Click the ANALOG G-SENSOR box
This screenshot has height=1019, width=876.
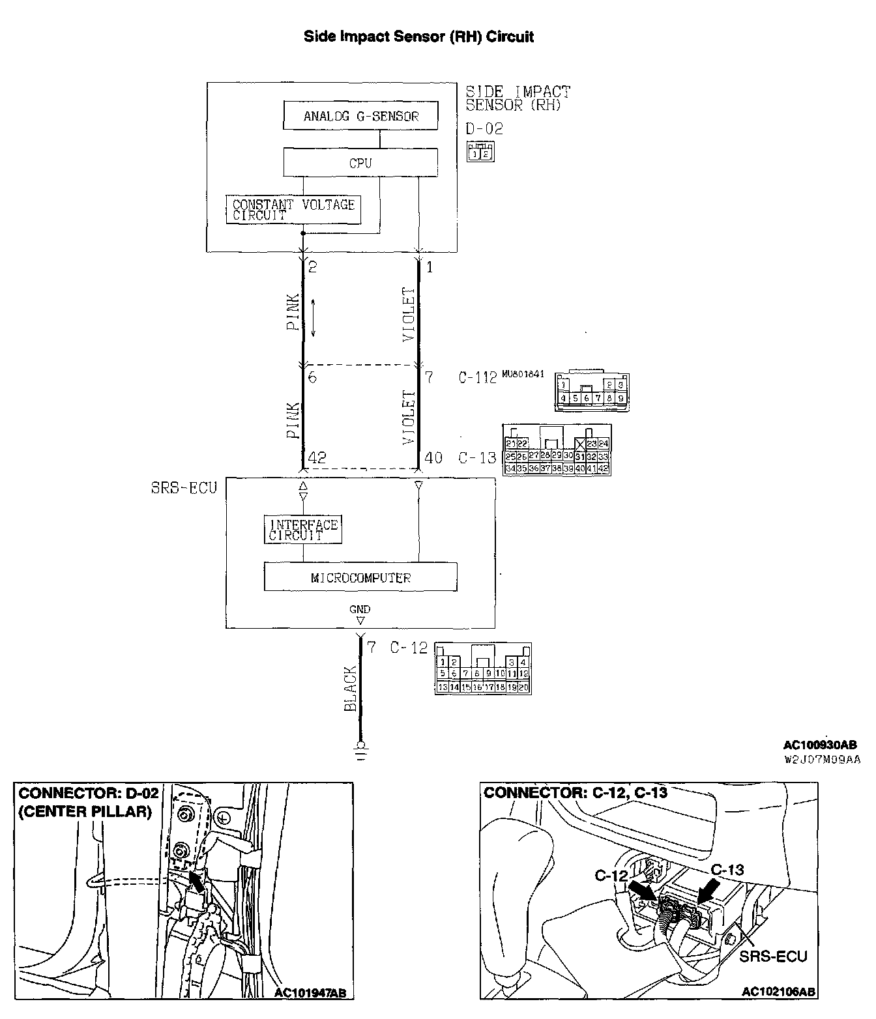[x=360, y=117]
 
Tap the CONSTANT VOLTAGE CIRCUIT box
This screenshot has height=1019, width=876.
[x=293, y=210]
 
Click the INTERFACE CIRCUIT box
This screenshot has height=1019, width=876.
[x=303, y=530]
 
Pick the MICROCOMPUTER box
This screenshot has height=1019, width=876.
[x=360, y=577]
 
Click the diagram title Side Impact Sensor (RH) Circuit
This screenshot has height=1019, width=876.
[x=419, y=36]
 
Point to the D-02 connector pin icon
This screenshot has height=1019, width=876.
[x=480, y=152]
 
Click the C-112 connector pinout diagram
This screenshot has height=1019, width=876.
[x=592, y=391]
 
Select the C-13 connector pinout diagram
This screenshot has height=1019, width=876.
[x=557, y=450]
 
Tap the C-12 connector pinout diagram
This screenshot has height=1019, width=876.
[x=483, y=668]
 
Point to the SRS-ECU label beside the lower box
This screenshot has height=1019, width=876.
[x=184, y=487]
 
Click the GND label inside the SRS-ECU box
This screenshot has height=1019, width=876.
[x=359, y=609]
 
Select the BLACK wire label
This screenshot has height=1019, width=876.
[x=351, y=689]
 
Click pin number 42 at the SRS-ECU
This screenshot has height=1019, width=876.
[x=317, y=458]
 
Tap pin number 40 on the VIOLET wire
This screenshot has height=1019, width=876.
[x=433, y=458]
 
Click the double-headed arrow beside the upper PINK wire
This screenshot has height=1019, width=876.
[x=314, y=318]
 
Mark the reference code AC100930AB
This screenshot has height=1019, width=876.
[x=820, y=745]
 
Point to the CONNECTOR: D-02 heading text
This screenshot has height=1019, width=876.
[x=89, y=793]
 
